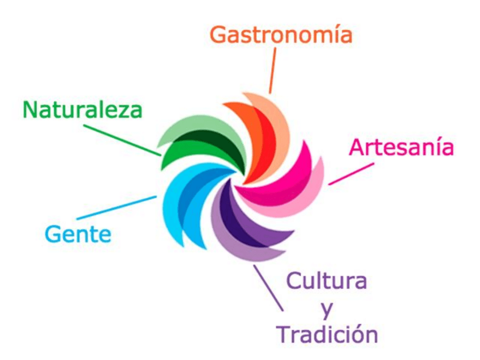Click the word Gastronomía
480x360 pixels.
click(281, 35)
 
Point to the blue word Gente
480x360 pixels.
click(78, 233)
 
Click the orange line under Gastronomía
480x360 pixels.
click(273, 71)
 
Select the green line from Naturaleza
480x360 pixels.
click(122, 140)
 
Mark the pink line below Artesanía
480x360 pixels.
click(351, 174)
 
